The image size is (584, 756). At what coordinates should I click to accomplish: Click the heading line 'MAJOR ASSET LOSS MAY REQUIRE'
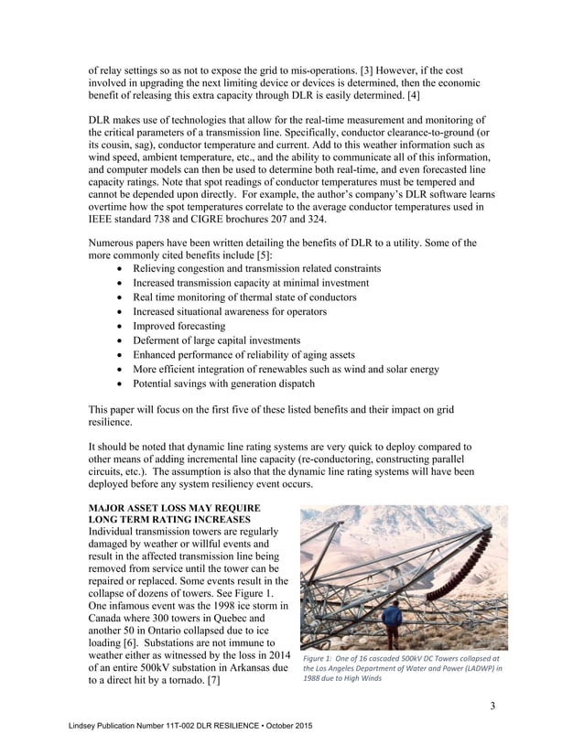coord(174,508)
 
